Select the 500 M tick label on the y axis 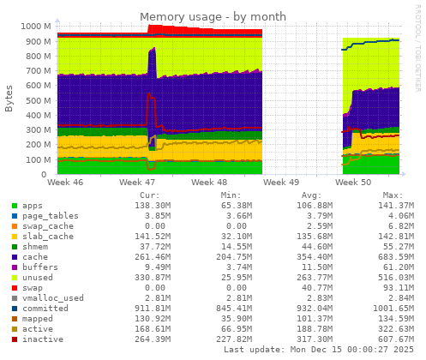pos(39,100)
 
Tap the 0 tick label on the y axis pos(49,175)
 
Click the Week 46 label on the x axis pos(66,183)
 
